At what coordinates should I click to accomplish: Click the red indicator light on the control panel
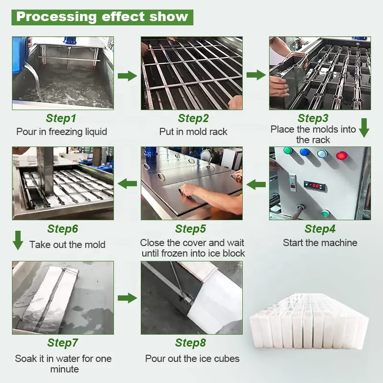click(x=342, y=155)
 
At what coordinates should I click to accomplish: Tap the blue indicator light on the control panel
click(x=304, y=153)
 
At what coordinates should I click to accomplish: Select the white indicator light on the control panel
click(x=322, y=154)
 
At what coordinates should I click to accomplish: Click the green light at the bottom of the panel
click(x=325, y=213)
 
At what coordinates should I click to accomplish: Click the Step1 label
click(x=61, y=118)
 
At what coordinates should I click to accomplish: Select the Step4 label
click(x=320, y=229)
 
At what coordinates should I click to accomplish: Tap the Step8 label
click(x=191, y=343)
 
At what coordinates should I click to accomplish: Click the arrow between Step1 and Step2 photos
click(x=127, y=75)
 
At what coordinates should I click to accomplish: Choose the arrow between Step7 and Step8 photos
click(x=127, y=298)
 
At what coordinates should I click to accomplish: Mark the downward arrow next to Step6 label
click(x=18, y=240)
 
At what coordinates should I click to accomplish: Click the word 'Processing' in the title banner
click(x=56, y=17)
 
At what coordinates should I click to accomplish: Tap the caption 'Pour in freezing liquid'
click(x=62, y=132)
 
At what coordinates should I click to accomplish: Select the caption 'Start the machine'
click(x=320, y=243)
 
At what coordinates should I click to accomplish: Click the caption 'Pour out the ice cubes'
click(x=192, y=359)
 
